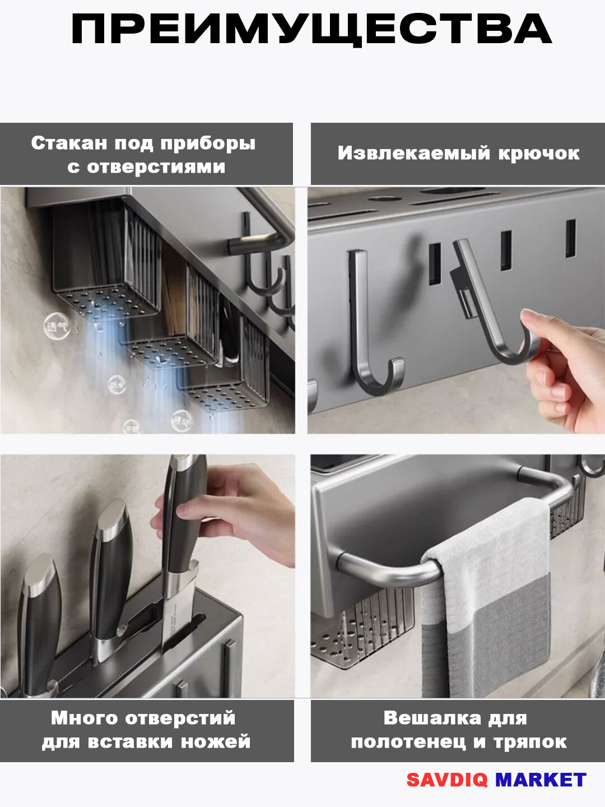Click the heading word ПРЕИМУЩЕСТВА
[x=311, y=30]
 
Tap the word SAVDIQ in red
[x=446, y=780]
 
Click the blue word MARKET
[x=541, y=780]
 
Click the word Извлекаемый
[x=413, y=153]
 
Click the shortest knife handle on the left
[x=39, y=611]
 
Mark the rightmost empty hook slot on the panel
[x=570, y=238]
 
